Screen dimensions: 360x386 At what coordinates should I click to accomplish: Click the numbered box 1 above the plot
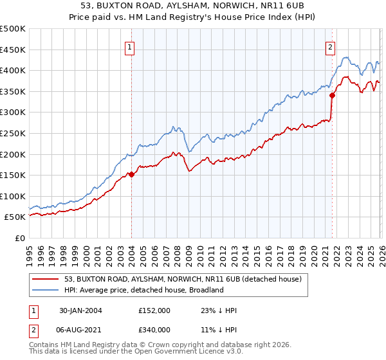click(x=130, y=47)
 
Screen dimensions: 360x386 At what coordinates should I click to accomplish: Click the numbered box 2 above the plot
click(x=330, y=47)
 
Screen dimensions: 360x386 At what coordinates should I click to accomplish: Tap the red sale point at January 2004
click(x=131, y=174)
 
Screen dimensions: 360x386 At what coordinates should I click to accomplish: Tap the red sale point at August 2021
click(x=332, y=96)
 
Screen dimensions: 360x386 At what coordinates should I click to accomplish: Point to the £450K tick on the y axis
click(x=14, y=50)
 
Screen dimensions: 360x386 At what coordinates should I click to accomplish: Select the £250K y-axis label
click(x=14, y=133)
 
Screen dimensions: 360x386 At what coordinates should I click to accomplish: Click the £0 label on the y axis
click(x=19, y=238)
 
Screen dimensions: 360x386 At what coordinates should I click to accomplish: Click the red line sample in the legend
click(x=46, y=278)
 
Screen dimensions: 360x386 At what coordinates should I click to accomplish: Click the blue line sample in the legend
click(x=46, y=290)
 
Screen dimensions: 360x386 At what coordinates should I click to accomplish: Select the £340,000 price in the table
click(x=154, y=330)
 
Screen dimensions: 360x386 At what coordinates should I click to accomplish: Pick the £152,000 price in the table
click(x=154, y=310)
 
